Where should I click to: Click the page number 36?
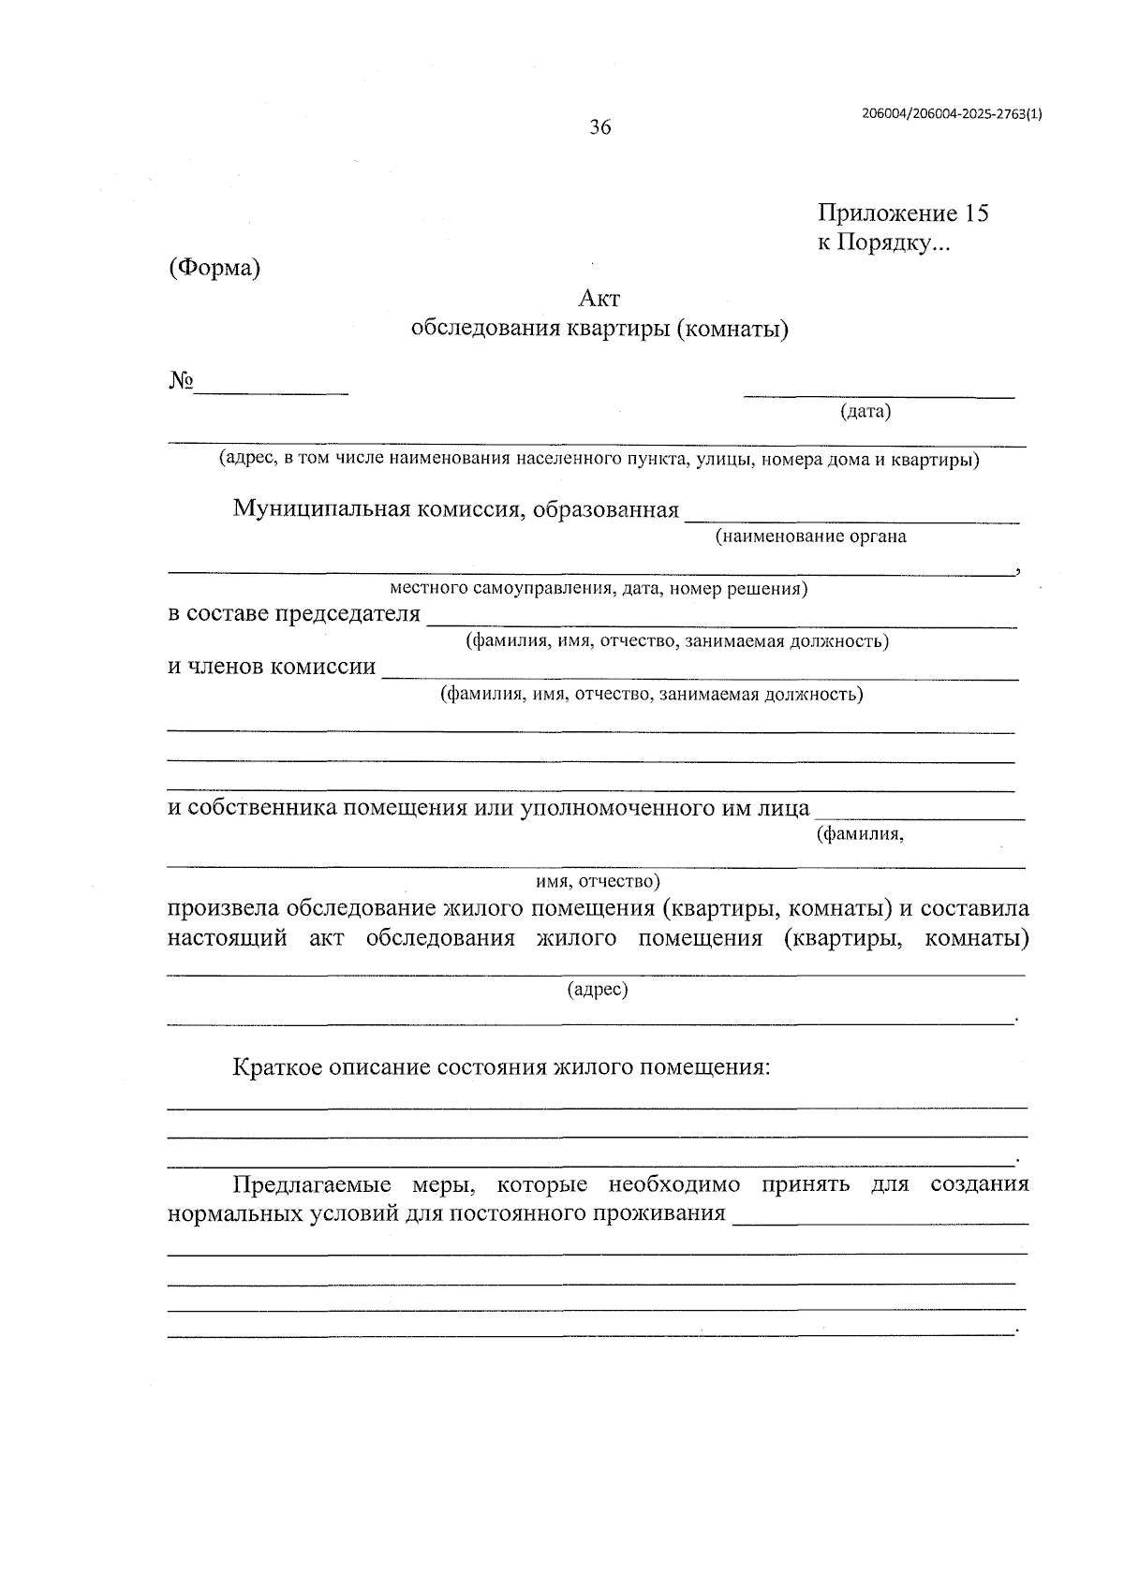pos(599,127)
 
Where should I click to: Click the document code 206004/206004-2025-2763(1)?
pos(952,113)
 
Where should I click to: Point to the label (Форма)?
pos(214,268)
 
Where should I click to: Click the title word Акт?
pos(599,299)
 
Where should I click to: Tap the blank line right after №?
pos(272,391)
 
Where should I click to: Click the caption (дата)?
pos(865,411)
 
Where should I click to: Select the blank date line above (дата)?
pos(879,397)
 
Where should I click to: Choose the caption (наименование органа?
pos(810,536)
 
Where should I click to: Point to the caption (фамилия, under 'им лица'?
pos(860,833)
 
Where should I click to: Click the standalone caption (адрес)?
pos(598,989)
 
